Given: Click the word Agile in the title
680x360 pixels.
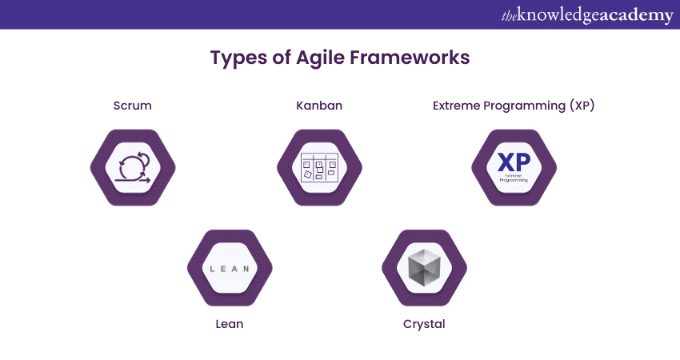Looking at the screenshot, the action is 320,58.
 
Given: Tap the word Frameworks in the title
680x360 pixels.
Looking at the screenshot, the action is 410,58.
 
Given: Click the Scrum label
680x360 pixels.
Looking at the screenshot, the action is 133,106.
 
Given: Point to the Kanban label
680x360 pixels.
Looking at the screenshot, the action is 319,106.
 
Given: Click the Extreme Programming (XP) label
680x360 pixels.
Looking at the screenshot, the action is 514,106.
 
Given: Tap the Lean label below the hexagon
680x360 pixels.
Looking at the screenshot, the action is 230,324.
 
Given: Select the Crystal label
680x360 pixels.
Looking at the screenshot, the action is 424,325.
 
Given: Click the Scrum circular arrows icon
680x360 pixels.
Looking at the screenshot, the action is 133,167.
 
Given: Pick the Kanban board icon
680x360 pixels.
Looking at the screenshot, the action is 319,167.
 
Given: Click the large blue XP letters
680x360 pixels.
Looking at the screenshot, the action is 514,162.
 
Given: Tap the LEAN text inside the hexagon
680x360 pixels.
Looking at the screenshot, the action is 230,269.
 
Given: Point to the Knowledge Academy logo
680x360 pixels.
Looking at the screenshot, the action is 587,15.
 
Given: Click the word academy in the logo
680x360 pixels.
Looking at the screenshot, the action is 637,16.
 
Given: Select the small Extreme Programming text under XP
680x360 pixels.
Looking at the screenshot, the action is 514,178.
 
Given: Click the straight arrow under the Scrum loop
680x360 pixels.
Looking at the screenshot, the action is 133,180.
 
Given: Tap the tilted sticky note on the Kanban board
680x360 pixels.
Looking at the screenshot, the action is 308,174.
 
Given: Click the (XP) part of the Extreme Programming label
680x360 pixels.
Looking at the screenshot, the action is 582,106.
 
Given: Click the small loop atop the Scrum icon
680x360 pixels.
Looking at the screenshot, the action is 143,158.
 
